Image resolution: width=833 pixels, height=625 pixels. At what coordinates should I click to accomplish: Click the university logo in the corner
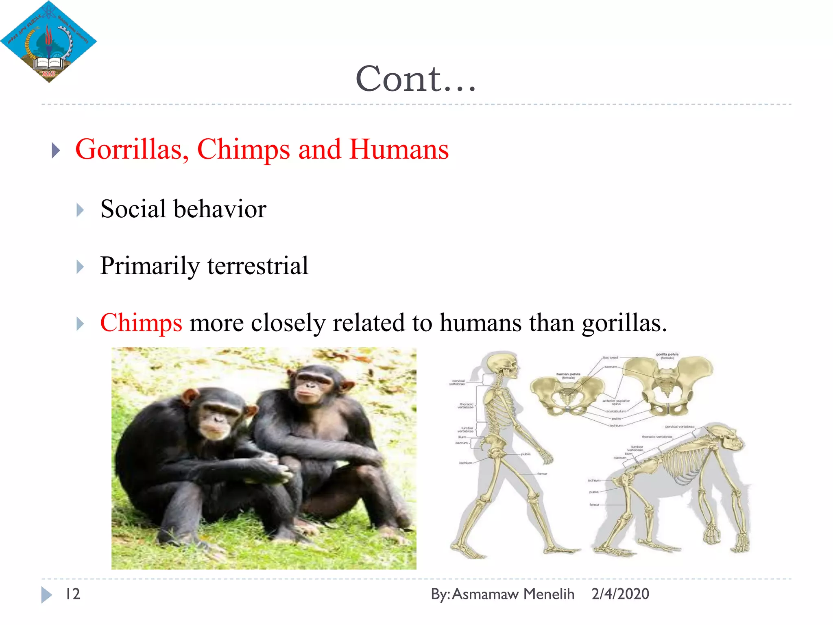coord(48,42)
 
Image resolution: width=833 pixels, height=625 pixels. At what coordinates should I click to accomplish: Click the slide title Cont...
coord(415,79)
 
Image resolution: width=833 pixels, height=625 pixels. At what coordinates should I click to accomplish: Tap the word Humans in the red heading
coord(399,149)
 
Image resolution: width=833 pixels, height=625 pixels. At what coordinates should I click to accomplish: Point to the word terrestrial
coord(258,266)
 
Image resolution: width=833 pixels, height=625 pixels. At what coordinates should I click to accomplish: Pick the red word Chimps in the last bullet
coord(141,323)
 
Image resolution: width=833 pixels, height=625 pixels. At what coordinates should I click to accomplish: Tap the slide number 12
coord(73,594)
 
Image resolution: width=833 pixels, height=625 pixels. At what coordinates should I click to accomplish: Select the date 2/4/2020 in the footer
coord(620,594)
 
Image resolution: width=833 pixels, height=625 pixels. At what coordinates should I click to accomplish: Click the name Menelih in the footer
coord(549,594)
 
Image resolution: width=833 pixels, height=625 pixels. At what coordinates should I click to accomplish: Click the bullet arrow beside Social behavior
coord(80,210)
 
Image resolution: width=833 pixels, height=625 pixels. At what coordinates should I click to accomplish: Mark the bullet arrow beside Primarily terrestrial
coord(80,267)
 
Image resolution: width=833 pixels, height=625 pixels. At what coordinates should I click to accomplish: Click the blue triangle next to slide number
coord(46,594)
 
